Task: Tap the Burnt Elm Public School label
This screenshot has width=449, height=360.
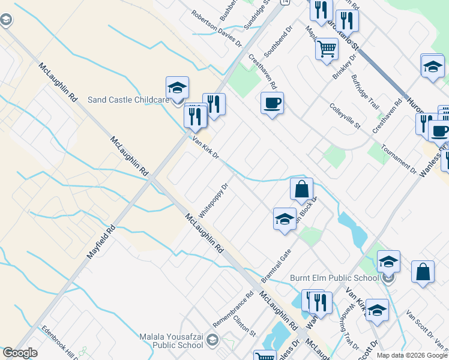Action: click(334, 277)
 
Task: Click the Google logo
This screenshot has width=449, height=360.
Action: click(20, 353)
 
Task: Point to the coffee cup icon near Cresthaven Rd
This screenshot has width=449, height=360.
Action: click(272, 103)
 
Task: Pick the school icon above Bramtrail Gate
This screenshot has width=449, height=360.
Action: click(285, 219)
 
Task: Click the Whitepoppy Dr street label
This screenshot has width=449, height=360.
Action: click(214, 200)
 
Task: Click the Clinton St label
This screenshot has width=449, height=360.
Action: click(244, 326)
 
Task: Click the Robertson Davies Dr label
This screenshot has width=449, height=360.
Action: click(216, 29)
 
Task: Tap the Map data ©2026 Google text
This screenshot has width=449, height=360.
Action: click(412, 355)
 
